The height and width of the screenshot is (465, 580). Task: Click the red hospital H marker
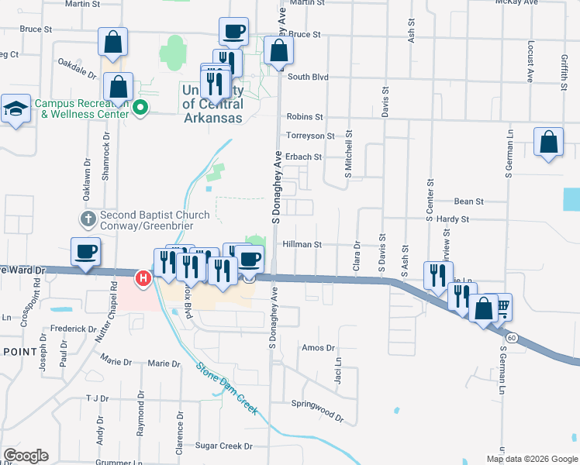click(x=143, y=277)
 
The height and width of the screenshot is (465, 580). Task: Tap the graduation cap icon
click(x=15, y=109)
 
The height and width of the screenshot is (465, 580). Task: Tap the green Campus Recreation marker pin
click(x=140, y=108)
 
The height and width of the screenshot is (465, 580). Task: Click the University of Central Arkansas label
click(x=212, y=104)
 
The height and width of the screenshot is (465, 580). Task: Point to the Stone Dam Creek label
click(x=226, y=378)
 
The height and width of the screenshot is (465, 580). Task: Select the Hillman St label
click(x=302, y=244)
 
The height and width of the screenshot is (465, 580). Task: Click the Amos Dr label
click(x=318, y=348)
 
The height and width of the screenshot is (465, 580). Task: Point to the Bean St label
click(x=468, y=201)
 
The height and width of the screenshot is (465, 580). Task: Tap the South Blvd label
click(x=308, y=77)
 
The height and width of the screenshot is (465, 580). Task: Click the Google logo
click(x=26, y=455)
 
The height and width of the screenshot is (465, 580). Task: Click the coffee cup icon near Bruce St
click(x=233, y=32)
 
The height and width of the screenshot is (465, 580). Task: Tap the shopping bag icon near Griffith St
click(x=548, y=143)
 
